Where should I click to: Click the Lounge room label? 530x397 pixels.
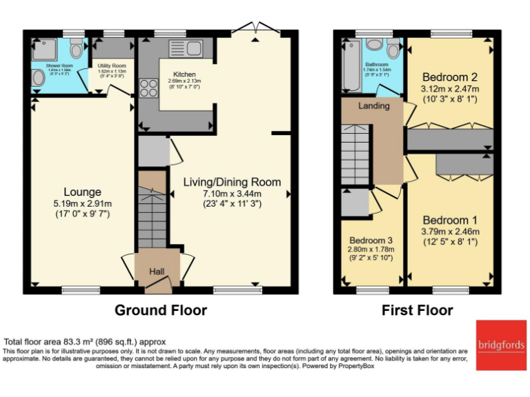pyautogui.click(x=82, y=192)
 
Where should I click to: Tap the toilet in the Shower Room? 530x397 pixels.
pyautogui.click(x=76, y=50)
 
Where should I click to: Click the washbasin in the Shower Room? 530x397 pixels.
pyautogui.click(x=37, y=81)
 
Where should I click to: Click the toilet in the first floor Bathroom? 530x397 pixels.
pyautogui.click(x=393, y=48)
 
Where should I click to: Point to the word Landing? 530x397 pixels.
pyautogui.click(x=374, y=106)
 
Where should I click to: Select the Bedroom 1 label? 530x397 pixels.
pyautogui.click(x=450, y=220)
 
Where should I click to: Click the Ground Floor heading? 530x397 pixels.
pyautogui.click(x=160, y=310)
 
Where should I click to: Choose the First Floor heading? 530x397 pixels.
pyautogui.click(x=418, y=310)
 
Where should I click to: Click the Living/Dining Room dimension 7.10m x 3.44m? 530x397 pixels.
pyautogui.click(x=232, y=193)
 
